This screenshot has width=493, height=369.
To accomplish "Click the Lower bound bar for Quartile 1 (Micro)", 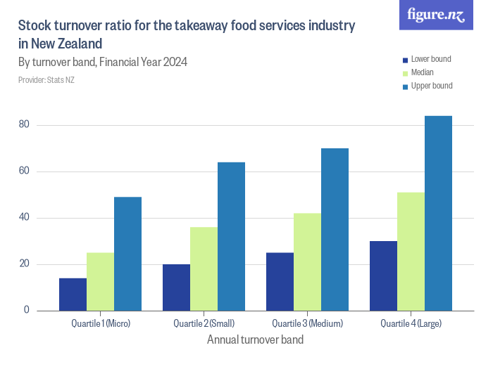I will (x=73, y=294).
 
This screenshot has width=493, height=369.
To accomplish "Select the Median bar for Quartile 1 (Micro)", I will (x=100, y=282).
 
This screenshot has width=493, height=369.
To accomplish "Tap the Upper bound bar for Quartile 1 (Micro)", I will (x=127, y=254).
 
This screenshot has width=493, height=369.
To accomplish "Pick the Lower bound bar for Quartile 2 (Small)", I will (x=176, y=287).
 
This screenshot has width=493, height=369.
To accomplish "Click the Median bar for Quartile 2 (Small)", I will (x=204, y=268).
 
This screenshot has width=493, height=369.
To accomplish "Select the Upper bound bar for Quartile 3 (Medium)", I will (x=335, y=229).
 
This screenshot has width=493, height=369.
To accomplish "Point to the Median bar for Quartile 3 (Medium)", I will (x=307, y=261).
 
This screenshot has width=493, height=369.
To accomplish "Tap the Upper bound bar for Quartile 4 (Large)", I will (x=438, y=213).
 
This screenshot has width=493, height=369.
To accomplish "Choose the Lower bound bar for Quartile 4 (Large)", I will (x=383, y=276).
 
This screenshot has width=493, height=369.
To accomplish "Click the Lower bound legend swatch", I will (x=404, y=60).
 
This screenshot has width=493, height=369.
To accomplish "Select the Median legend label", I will (x=422, y=72).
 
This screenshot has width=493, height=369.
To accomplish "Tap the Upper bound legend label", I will (x=431, y=86).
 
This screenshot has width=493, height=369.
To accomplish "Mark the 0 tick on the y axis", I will (x=26, y=310).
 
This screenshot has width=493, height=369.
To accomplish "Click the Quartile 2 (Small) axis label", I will (x=204, y=324).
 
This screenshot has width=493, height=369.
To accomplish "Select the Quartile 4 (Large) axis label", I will (x=411, y=324).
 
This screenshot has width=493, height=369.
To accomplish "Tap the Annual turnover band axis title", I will (x=255, y=340).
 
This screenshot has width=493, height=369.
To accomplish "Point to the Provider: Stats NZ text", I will (x=46, y=80).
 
